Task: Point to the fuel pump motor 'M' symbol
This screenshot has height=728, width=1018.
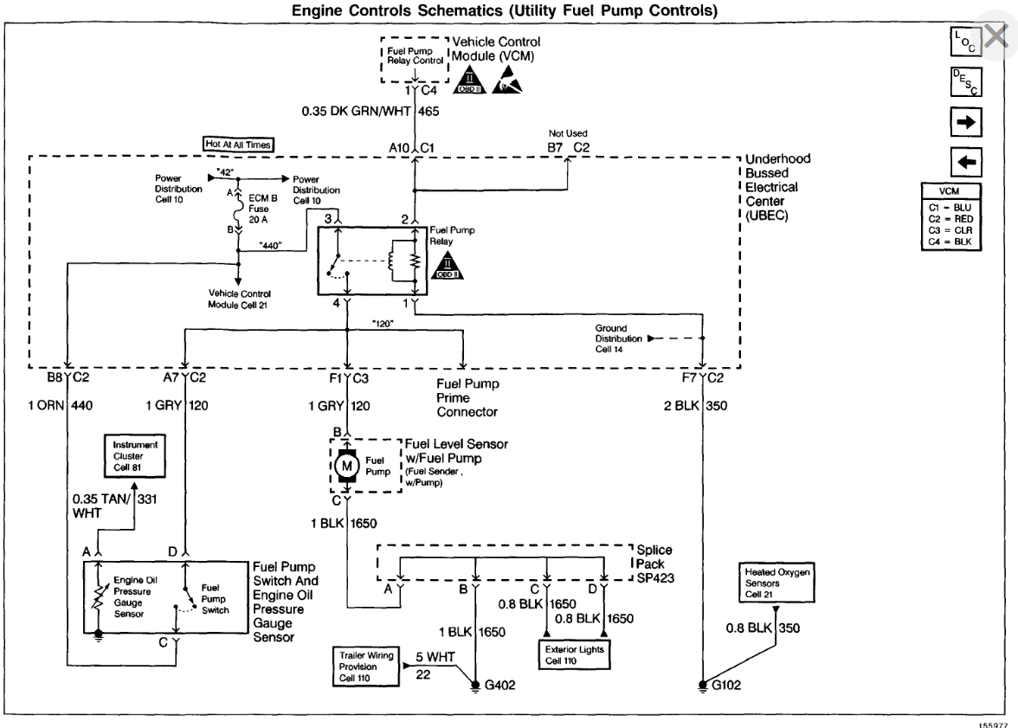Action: click(347, 466)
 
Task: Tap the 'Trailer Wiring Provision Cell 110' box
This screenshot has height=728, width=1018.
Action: click(364, 667)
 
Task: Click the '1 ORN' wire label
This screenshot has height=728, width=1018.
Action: click(44, 404)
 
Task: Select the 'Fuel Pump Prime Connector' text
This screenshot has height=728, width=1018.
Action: click(468, 397)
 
